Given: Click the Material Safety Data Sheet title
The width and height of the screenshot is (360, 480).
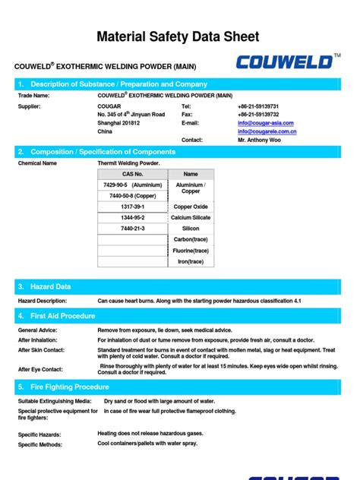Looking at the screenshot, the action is pos(180,36).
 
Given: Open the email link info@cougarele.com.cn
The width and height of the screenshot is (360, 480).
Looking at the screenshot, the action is pos(267,131).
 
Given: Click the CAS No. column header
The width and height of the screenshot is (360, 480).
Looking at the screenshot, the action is pos(133,174).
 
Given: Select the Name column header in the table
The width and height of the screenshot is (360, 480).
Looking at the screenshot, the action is pos(191,174).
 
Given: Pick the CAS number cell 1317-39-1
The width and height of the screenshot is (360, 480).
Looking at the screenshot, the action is pos(133,207).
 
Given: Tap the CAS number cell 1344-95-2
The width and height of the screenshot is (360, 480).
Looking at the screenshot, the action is pos(133,217).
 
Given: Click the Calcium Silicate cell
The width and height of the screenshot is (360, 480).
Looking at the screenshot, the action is pos(191,217).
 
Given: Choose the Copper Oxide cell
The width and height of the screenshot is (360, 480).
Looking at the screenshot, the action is pos(191,207).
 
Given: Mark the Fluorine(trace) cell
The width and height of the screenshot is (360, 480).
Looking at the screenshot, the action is pos(191,250).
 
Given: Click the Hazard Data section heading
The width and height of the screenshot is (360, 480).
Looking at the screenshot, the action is pos(50,286).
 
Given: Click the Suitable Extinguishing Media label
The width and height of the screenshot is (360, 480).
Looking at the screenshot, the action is pos(55,400).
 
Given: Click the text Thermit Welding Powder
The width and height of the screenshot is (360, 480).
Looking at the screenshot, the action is pos(128,163).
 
